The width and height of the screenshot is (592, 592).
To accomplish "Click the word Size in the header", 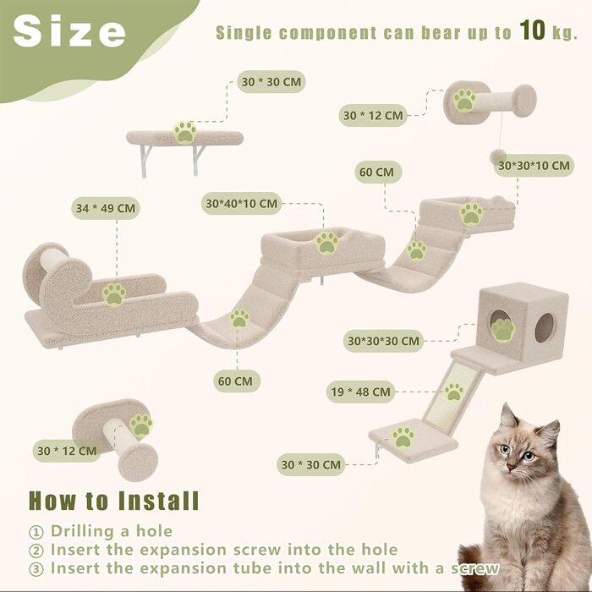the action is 69,31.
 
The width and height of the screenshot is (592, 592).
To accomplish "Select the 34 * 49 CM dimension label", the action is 106,208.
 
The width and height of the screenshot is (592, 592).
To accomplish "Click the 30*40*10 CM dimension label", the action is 242,204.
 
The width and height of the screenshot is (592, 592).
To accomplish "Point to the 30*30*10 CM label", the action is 534,166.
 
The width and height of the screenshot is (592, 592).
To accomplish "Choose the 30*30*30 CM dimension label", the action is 383,341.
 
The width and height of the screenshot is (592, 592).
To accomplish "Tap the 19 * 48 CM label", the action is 360,392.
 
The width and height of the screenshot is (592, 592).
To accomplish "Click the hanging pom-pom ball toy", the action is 497,156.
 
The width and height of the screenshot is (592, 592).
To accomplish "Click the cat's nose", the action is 511,468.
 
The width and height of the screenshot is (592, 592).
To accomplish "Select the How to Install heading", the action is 113,501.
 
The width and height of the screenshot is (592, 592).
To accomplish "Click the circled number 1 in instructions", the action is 36,532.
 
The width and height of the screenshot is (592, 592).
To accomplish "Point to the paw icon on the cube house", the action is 502,330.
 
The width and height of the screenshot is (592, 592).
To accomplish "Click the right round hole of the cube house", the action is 544,328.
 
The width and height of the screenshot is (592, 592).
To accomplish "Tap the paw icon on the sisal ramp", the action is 454,392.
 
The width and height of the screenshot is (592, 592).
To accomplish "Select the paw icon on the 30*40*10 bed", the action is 327,243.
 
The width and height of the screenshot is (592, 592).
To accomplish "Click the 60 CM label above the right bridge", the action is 378,173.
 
